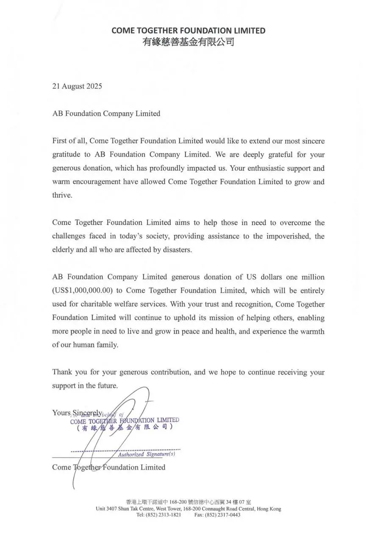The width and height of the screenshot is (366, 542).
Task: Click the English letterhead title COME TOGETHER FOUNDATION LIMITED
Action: click(188, 30)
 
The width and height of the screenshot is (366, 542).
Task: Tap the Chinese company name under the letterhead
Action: click(188, 42)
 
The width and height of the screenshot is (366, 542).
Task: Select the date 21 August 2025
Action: click(77, 86)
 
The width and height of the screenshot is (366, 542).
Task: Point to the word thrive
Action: click(61, 195)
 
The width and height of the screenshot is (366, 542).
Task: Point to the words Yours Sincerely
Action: click(77, 412)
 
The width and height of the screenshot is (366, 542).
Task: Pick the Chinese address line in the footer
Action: click(188, 502)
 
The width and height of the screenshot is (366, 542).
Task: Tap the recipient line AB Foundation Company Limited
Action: click(106, 113)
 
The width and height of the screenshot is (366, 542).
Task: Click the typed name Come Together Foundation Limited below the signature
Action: click(108, 467)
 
